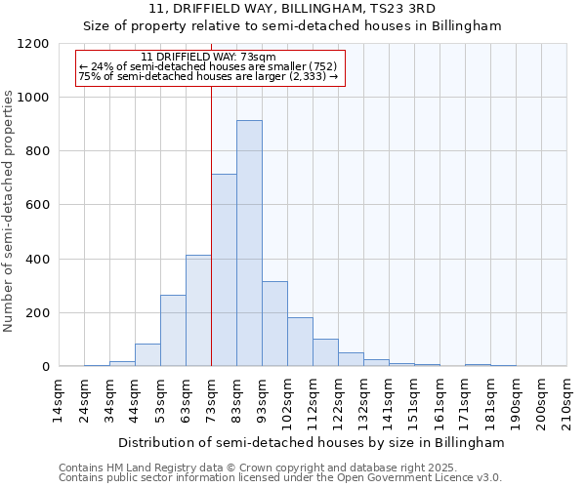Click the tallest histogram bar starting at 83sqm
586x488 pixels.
click(x=249, y=244)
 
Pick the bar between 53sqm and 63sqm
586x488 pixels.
click(x=173, y=331)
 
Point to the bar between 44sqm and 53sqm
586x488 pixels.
click(x=147, y=355)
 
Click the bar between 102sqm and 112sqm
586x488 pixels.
click(x=300, y=342)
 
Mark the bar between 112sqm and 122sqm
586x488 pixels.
click(x=325, y=352)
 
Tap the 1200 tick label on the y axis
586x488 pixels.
click(x=33, y=44)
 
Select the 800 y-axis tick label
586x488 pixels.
click(x=37, y=151)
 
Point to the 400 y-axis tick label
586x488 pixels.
click(x=37, y=260)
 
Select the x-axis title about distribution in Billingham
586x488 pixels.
click(x=312, y=442)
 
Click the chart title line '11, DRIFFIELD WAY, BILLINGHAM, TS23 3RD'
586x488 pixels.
click(x=292, y=9)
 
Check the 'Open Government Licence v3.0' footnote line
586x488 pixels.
click(x=280, y=478)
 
